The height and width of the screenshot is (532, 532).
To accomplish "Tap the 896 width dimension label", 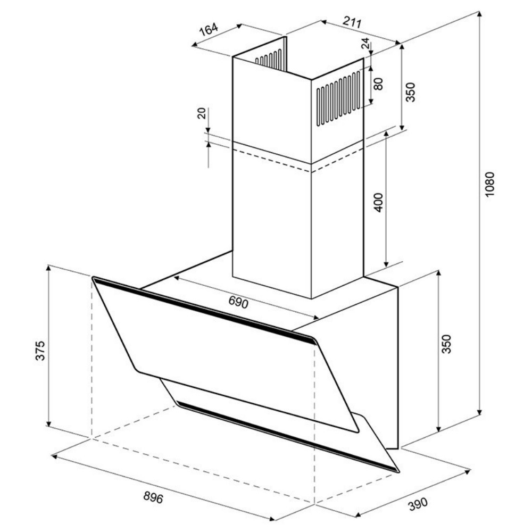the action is point(153,497).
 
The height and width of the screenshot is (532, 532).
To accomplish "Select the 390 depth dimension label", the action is point(418,504).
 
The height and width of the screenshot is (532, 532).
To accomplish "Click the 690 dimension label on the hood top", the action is point(238,302).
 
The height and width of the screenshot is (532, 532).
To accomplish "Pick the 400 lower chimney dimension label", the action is point(378,203).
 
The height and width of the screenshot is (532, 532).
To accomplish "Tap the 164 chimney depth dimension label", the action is point(209,29).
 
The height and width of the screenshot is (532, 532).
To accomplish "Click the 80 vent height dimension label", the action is point(378,84).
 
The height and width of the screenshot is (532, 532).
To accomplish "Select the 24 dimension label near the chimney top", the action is point(365,43).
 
